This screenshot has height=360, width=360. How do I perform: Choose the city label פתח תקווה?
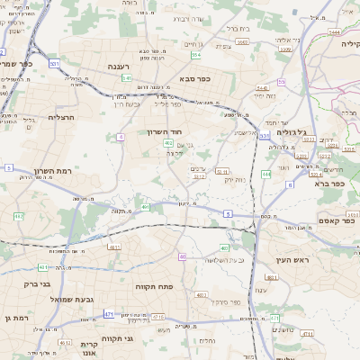152,286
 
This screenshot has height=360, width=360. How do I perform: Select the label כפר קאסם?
334,221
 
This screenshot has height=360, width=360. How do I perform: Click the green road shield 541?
127,77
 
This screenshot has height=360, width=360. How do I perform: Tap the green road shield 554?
195,54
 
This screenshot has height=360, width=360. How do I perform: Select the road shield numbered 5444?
334,31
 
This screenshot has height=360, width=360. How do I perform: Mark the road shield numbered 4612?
65,342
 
